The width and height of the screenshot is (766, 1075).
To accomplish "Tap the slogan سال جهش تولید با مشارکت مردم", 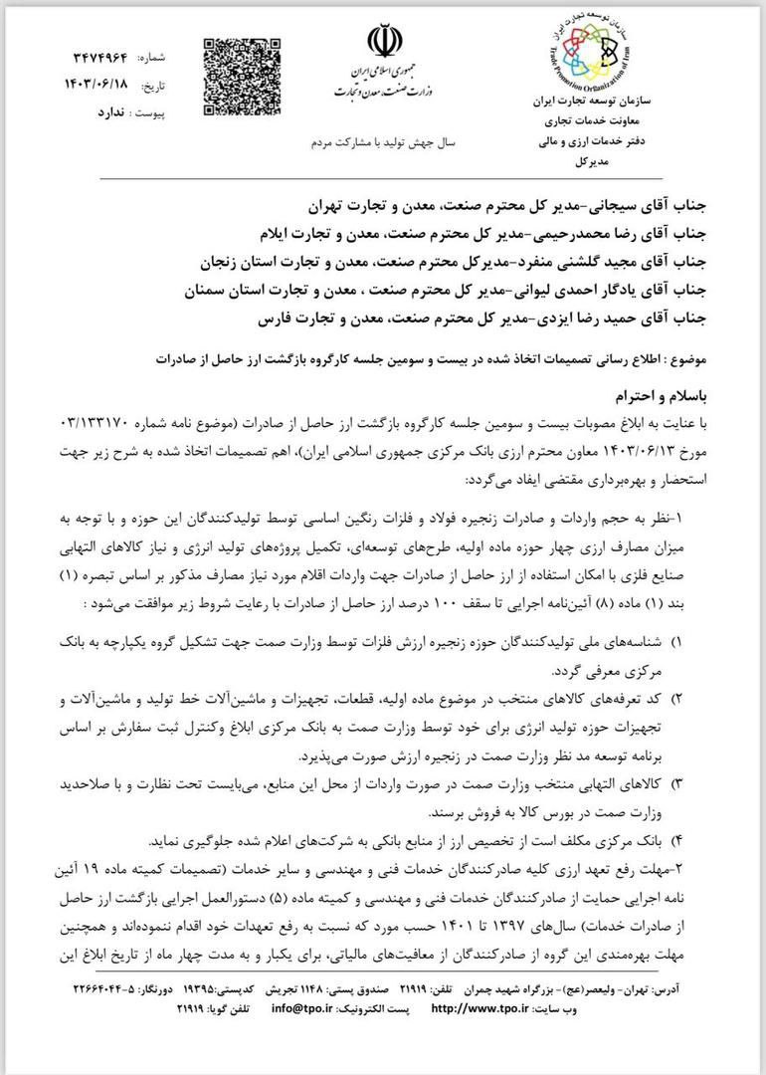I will tap(382, 142).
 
